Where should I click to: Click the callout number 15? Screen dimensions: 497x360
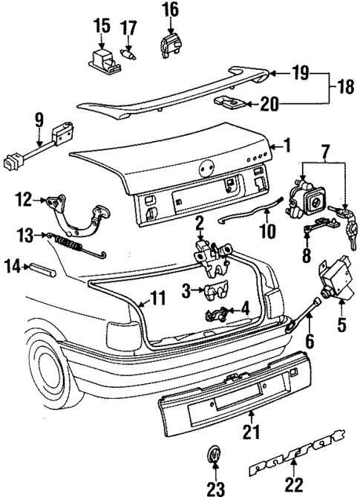pos(101,28)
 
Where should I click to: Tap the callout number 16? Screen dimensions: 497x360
pos(170,9)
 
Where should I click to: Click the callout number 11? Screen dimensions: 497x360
pos(157,299)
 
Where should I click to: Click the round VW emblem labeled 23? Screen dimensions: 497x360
pos(215,455)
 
